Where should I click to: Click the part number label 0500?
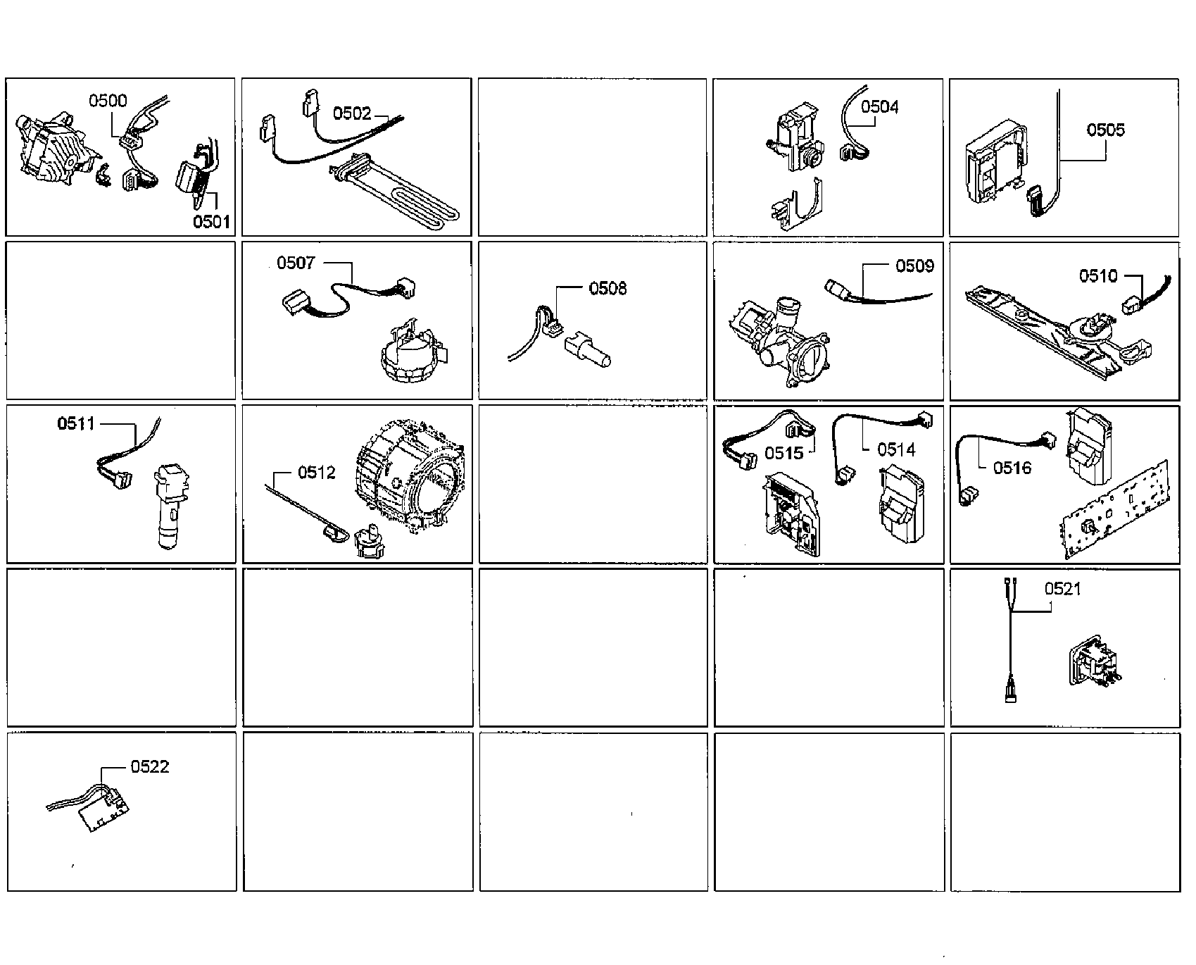pos(108,101)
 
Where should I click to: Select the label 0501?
pos(212,222)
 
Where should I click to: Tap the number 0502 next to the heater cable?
pos(352,113)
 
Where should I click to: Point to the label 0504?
pos(880,106)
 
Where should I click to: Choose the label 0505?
pos(1106,130)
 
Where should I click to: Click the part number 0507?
pos(296,263)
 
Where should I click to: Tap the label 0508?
pos(608,288)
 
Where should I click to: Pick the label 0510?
pos(1098,275)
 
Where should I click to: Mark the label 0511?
pos(76,423)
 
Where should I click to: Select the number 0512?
pos(317,473)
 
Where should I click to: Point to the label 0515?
pos(784,453)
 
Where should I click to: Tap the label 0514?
pos(896,449)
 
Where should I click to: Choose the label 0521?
pos(1063,589)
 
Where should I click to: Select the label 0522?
pos(150,766)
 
